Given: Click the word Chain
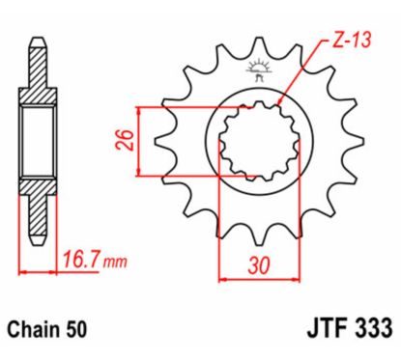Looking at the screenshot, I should (39, 328).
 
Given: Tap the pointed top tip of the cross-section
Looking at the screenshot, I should (38, 42).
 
